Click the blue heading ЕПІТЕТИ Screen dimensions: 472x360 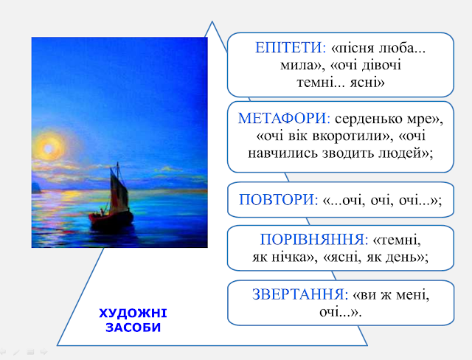290,48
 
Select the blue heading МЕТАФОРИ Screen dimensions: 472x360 284,118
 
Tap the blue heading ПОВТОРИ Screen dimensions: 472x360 278,200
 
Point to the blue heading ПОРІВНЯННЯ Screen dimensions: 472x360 314,240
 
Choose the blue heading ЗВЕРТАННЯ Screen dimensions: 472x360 300,294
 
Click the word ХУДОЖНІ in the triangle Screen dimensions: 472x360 133,314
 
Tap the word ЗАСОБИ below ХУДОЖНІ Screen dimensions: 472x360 133,328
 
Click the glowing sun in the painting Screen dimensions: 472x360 49,148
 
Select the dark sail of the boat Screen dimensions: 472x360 118,190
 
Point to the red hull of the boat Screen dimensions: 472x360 111,219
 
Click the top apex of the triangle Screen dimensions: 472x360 212,21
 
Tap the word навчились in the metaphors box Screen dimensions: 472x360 282,153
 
